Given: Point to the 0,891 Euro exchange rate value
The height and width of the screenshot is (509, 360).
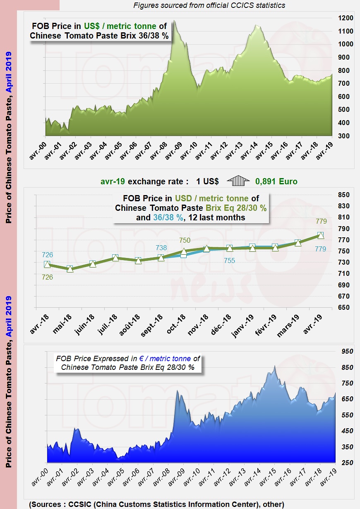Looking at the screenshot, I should (276, 181).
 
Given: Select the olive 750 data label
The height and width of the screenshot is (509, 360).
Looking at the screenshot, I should (185, 240).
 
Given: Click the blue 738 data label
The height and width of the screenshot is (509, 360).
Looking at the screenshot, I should (161, 248).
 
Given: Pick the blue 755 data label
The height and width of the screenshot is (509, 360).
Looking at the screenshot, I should (229, 261).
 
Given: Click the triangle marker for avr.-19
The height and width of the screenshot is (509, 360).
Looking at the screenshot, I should (321, 235).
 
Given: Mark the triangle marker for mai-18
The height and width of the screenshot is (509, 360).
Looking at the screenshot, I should (70, 269).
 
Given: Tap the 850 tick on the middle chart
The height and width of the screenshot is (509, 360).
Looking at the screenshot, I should (344, 195).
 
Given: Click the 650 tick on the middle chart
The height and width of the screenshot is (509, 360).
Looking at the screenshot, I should (344, 308).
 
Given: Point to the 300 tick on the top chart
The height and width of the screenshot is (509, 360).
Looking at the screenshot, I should (345, 136).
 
